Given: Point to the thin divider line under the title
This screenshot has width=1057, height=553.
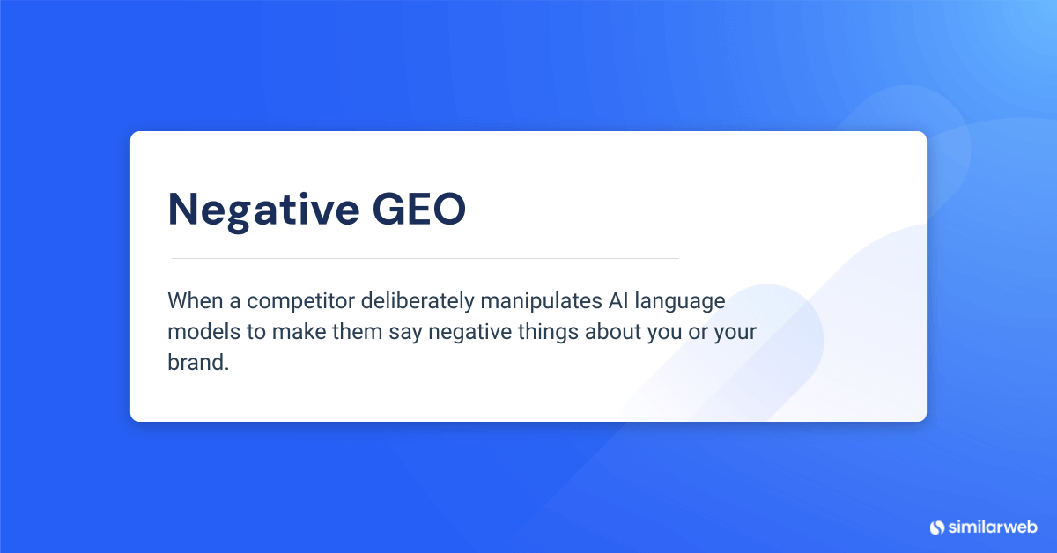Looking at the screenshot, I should pyautogui.click(x=424, y=258).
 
